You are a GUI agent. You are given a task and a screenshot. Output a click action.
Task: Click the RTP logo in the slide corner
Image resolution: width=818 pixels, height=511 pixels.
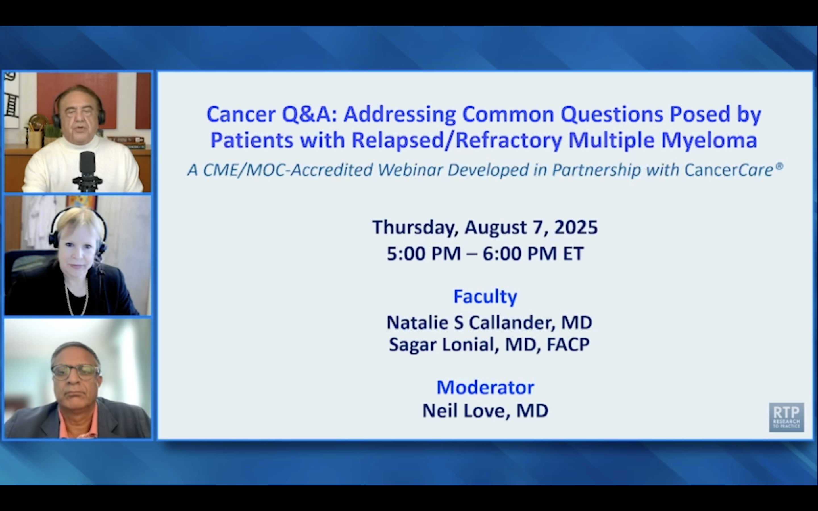[x=786, y=417]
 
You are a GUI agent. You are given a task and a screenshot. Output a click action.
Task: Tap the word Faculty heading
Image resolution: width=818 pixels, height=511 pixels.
[x=485, y=297]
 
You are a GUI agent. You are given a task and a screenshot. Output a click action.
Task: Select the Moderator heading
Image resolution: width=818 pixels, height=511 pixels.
[x=485, y=387]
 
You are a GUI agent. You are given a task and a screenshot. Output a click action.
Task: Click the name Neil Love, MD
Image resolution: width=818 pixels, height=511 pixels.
[x=485, y=411]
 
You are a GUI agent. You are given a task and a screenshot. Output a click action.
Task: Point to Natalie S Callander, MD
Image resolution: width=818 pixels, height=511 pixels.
[x=489, y=322]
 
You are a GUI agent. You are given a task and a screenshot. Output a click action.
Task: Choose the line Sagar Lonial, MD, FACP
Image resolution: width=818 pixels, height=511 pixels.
[x=489, y=345]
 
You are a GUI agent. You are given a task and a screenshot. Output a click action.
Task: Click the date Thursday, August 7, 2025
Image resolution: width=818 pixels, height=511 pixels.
[x=485, y=227]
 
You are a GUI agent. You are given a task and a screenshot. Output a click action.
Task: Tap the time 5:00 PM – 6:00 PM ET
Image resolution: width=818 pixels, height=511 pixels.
[x=485, y=254]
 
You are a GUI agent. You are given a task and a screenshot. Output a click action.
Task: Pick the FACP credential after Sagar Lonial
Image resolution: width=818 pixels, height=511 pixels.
[x=568, y=345]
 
